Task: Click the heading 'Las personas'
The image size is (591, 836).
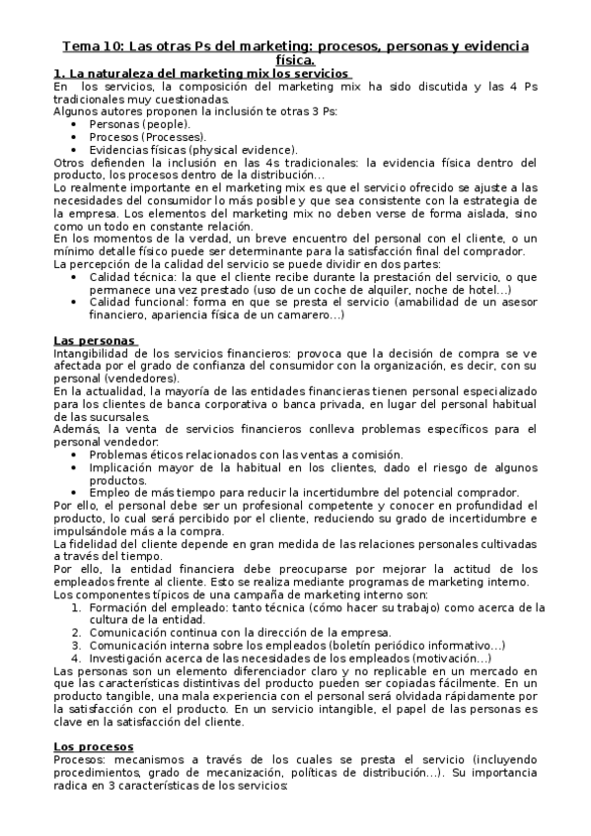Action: coord(95,340)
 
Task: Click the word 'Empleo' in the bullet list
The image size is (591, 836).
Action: coord(110,492)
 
